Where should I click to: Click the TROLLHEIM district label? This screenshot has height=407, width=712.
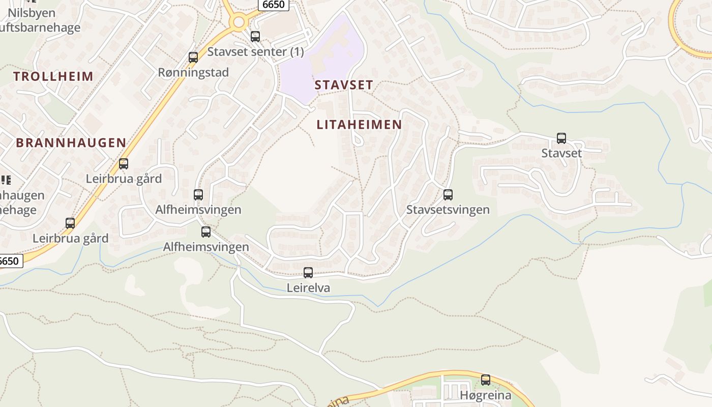(x=53, y=77)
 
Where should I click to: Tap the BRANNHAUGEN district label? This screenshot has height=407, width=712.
(x=71, y=143)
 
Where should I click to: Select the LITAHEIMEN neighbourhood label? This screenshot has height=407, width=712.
(x=359, y=125)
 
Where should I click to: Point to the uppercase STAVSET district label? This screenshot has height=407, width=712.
(x=344, y=85)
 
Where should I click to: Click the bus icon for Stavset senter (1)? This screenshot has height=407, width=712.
(x=255, y=37)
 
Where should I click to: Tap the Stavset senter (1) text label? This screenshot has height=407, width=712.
(x=255, y=51)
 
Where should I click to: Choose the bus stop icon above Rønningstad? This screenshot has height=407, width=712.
(x=193, y=57)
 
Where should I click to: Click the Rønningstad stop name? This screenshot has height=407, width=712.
(x=193, y=72)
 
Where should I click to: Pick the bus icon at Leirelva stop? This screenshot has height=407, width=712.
(x=308, y=273)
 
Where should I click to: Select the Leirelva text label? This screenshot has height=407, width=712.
(x=308, y=288)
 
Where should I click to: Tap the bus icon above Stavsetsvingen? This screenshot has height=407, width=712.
(x=448, y=195)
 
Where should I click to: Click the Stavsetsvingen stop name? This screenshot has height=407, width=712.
(x=448, y=210)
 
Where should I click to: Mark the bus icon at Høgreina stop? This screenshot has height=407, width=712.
(x=486, y=380)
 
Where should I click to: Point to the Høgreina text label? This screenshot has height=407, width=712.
(x=485, y=395)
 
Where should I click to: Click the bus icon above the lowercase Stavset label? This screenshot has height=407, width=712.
(x=561, y=138)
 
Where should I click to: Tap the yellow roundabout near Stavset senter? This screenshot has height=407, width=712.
(x=238, y=22)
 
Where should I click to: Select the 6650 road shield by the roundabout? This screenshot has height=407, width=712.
(x=274, y=5)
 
